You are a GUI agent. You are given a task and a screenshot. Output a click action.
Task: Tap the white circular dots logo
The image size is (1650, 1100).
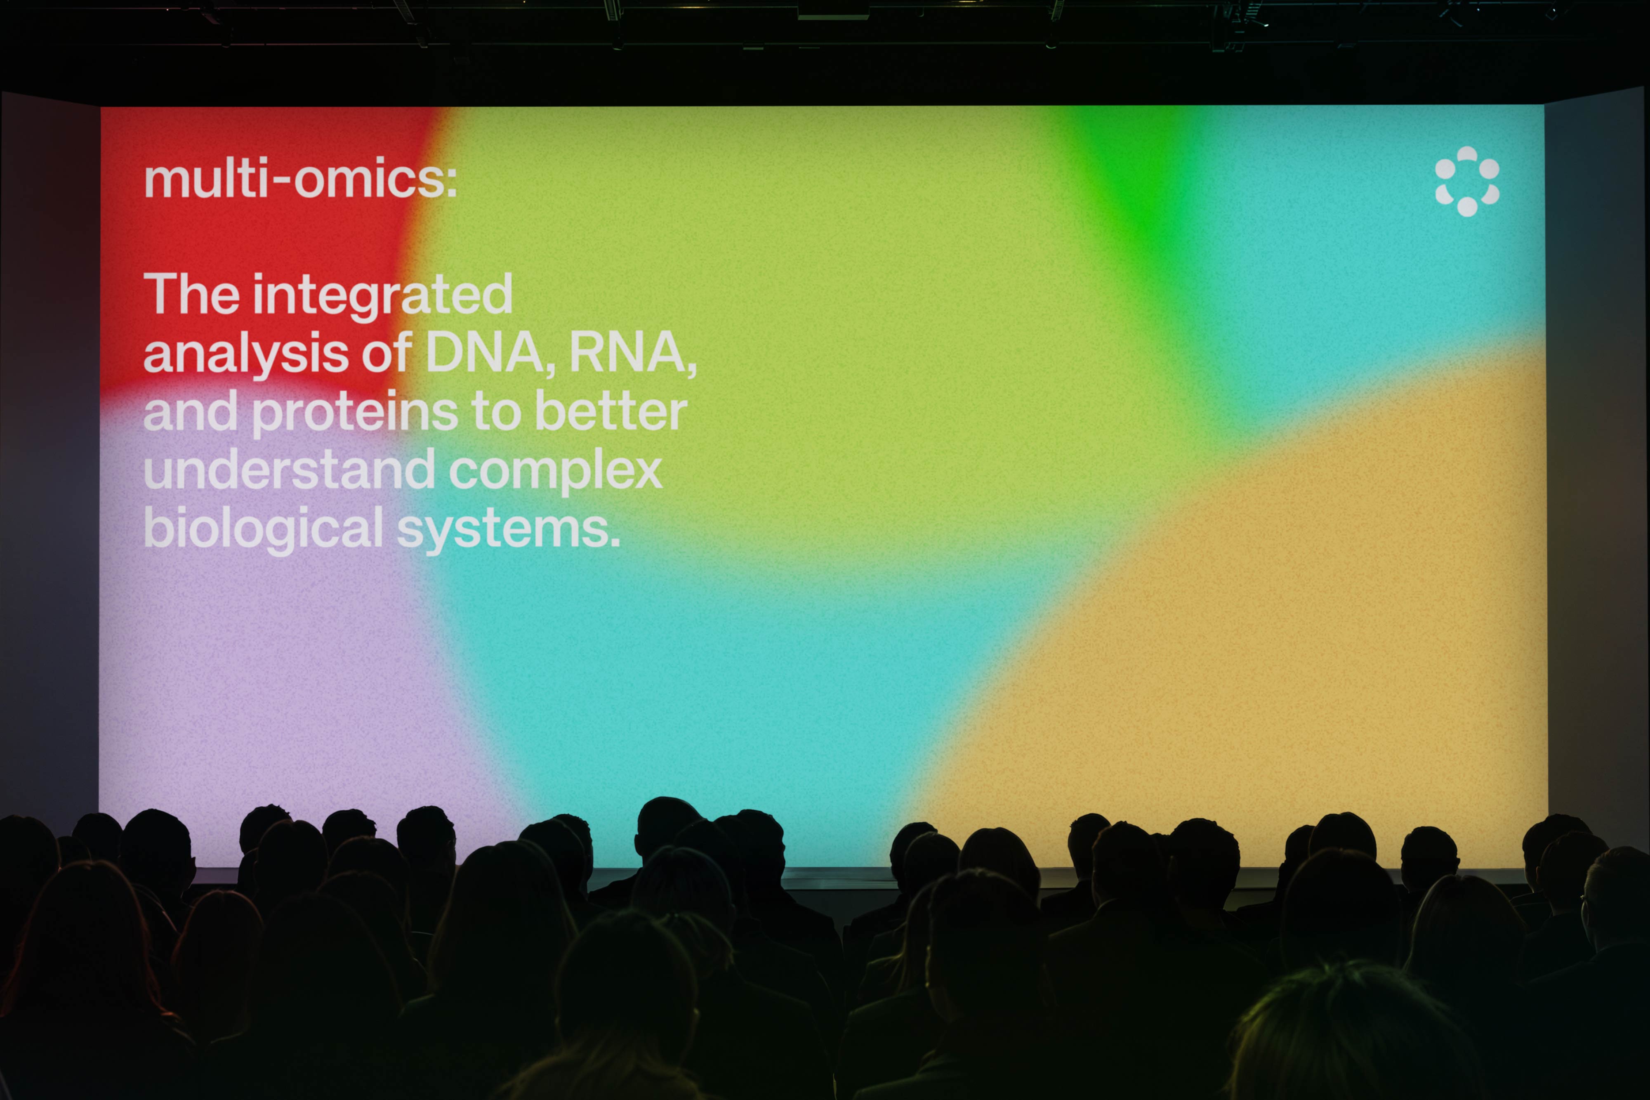(1466, 181)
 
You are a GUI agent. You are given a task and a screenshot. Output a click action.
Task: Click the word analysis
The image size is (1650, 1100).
(245, 354)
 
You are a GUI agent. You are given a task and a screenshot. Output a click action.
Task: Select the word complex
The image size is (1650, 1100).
(555, 472)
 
